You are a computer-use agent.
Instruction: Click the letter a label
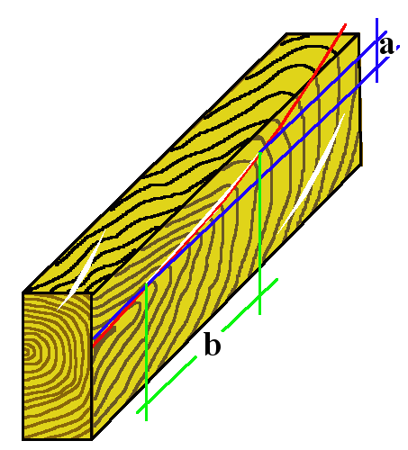pos(386,46)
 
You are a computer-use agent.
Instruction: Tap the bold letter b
pos(213,344)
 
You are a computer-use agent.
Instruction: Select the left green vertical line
pos(146,352)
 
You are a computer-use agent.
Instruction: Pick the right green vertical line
pos(260,233)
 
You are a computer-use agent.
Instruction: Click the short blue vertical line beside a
pos(377,50)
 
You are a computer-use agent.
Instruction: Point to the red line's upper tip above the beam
pos(346,24)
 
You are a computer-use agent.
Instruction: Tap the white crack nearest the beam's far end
pos(311,174)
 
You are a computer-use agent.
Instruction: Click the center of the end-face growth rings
pos(30,352)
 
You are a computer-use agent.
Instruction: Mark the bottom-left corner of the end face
pos(23,439)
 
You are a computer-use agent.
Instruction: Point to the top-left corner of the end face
pos(23,292)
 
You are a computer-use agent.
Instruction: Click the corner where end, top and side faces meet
pos(91,292)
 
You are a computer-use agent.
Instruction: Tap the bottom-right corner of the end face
pos(91,439)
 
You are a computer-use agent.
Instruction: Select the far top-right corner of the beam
pos(358,33)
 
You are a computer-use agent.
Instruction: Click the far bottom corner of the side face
pos(361,165)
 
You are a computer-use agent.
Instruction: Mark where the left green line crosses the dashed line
pos(146,404)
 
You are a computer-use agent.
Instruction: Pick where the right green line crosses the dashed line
pos(260,295)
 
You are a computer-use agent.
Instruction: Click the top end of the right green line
pos(260,153)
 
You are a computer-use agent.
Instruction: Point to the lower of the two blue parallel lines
pos(240,198)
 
